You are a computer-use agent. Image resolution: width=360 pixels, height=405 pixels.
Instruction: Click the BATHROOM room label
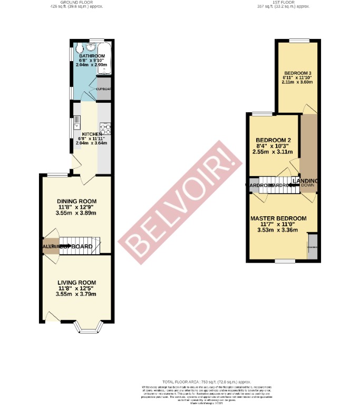pos(92,55)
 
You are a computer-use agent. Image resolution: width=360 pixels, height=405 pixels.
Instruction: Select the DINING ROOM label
pos(76,201)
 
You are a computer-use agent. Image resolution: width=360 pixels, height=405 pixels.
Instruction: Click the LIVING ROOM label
pos(76,283)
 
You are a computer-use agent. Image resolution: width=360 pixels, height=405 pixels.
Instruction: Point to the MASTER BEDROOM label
pos(278,218)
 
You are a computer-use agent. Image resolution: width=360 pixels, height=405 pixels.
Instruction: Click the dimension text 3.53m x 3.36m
pos(278,230)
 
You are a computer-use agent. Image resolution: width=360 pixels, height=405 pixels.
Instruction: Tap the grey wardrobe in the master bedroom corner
pos(312,246)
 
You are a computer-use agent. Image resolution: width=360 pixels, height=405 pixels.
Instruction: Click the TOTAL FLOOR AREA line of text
pos(206,381)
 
